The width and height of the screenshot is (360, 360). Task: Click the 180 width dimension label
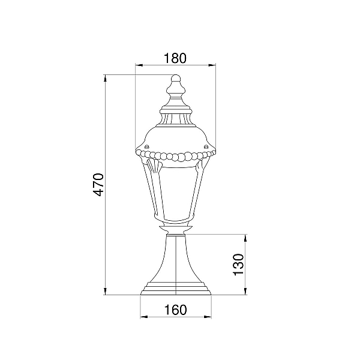(175, 58)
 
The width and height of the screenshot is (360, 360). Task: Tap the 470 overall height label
(98, 185)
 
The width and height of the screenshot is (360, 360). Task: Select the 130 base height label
(238, 264)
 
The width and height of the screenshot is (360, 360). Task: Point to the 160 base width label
(176, 310)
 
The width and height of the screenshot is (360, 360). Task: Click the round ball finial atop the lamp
(176, 78)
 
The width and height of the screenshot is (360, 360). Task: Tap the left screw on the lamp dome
(146, 146)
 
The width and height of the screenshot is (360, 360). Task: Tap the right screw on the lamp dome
(205, 146)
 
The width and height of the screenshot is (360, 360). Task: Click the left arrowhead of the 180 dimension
(139, 65)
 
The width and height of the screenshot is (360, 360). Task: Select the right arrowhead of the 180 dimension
(212, 65)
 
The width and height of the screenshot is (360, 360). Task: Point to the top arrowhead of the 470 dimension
(106, 78)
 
